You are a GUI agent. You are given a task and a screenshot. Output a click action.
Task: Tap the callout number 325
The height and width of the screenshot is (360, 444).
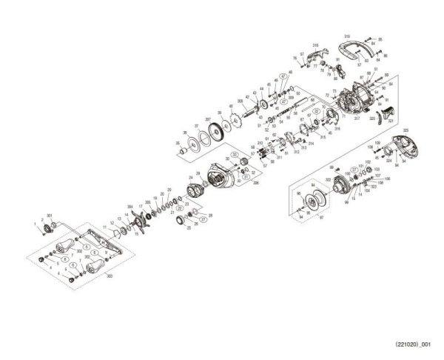[406, 130]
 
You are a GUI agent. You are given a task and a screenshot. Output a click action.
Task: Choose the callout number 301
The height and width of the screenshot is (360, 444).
[49, 216]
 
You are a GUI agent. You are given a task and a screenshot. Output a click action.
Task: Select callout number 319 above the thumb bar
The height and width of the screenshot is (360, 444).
[347, 36]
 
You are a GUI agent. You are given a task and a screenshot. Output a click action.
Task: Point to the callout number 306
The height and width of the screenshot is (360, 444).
[235, 182]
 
